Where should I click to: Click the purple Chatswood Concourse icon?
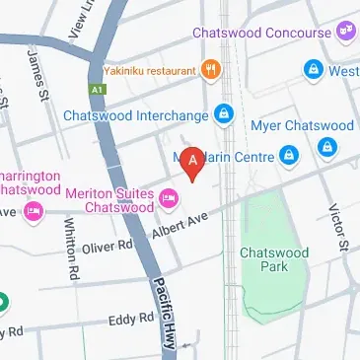point(345,33)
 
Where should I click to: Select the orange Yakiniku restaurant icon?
point(209,70)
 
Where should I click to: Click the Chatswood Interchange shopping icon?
point(226,115)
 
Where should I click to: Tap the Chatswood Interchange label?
point(136,115)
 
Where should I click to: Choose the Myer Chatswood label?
point(303,125)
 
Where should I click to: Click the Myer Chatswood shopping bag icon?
point(327,148)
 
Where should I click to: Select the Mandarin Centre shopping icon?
point(289,155)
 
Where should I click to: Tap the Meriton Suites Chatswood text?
point(109,200)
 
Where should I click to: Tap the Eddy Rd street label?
point(132,318)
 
